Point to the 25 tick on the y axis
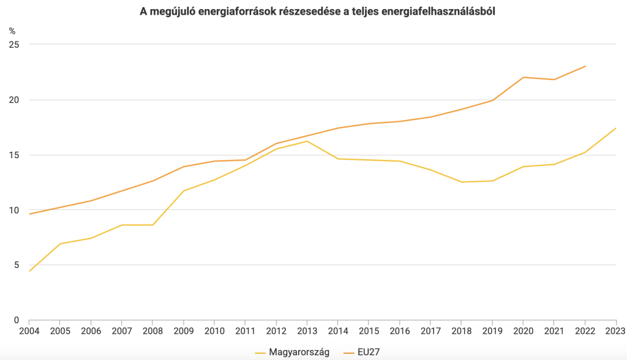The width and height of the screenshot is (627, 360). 15,45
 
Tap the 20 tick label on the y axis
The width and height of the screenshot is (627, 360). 15,100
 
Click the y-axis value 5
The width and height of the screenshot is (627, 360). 17,265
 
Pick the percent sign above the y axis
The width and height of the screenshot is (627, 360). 12,31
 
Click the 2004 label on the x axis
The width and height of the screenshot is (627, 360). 29,332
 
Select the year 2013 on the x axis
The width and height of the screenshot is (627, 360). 307,332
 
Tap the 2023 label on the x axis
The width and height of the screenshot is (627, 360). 615,332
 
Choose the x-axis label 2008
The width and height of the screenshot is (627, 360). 152,332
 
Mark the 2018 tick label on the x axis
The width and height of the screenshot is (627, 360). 461,332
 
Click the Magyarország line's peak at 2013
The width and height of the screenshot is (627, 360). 307,141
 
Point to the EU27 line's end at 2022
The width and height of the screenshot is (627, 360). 585,66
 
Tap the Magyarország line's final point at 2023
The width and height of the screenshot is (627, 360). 615,128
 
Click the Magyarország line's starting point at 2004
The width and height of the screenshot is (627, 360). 29,271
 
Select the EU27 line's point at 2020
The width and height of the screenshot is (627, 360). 523,77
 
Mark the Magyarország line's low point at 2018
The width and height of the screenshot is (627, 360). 461,182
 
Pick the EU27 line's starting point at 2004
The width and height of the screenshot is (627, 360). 29,214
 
